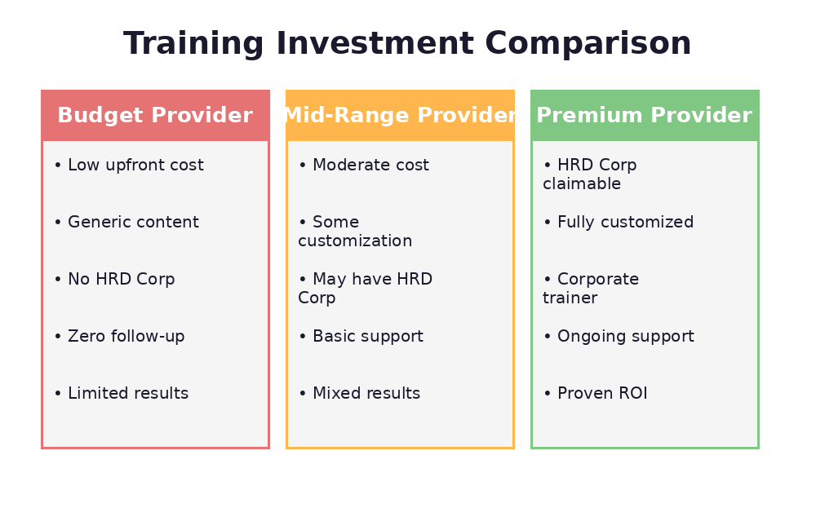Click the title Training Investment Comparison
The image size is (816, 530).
click(407, 44)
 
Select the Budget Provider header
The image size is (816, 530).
click(155, 116)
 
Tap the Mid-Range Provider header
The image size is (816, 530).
click(400, 116)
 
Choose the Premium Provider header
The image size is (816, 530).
click(645, 116)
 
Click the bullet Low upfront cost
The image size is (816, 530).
click(129, 166)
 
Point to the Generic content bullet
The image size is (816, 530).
click(126, 223)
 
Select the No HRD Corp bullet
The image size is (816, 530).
click(114, 280)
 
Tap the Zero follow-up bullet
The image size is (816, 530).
click(119, 337)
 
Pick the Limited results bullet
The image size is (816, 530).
click(121, 394)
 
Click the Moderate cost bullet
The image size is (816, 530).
click(363, 166)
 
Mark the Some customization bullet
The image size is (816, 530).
click(355, 232)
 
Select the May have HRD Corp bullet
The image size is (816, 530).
click(365, 289)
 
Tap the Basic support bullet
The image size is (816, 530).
click(361, 337)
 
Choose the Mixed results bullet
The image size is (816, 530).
click(359, 394)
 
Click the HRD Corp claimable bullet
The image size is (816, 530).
click(589, 174)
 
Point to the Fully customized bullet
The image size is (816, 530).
click(619, 223)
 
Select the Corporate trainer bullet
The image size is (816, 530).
click(591, 289)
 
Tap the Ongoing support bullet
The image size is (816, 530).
click(619, 337)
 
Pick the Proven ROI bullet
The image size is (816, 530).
click(595, 394)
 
